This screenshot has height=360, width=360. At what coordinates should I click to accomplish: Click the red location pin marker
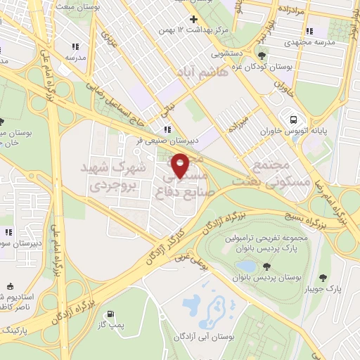click(x=181, y=165)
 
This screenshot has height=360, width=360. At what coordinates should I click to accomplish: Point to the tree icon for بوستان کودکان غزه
click(x=262, y=56)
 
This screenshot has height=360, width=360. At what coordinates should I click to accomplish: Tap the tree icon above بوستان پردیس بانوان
click(x=267, y=266)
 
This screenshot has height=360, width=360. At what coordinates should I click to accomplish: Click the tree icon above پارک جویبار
click(x=323, y=278)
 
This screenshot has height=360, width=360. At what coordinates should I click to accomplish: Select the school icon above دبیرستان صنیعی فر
click(x=167, y=129)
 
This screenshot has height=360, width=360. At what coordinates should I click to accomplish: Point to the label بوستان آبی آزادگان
click(x=211, y=339)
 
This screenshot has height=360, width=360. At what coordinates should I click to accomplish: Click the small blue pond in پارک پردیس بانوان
click(x=246, y=266)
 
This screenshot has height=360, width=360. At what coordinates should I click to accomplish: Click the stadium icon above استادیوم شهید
click(x=9, y=286)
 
